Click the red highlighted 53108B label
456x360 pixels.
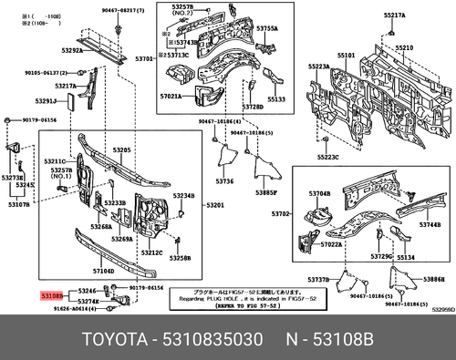coord(51,296)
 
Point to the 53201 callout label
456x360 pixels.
coord(216,204)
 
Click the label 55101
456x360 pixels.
coord(347,56)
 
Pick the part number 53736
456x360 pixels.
coord(224,181)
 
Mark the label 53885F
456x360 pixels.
coord(265,193)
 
